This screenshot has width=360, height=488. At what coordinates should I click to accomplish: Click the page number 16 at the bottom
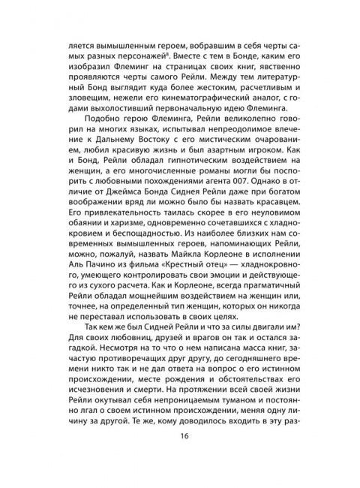click(x=180, y=456)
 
